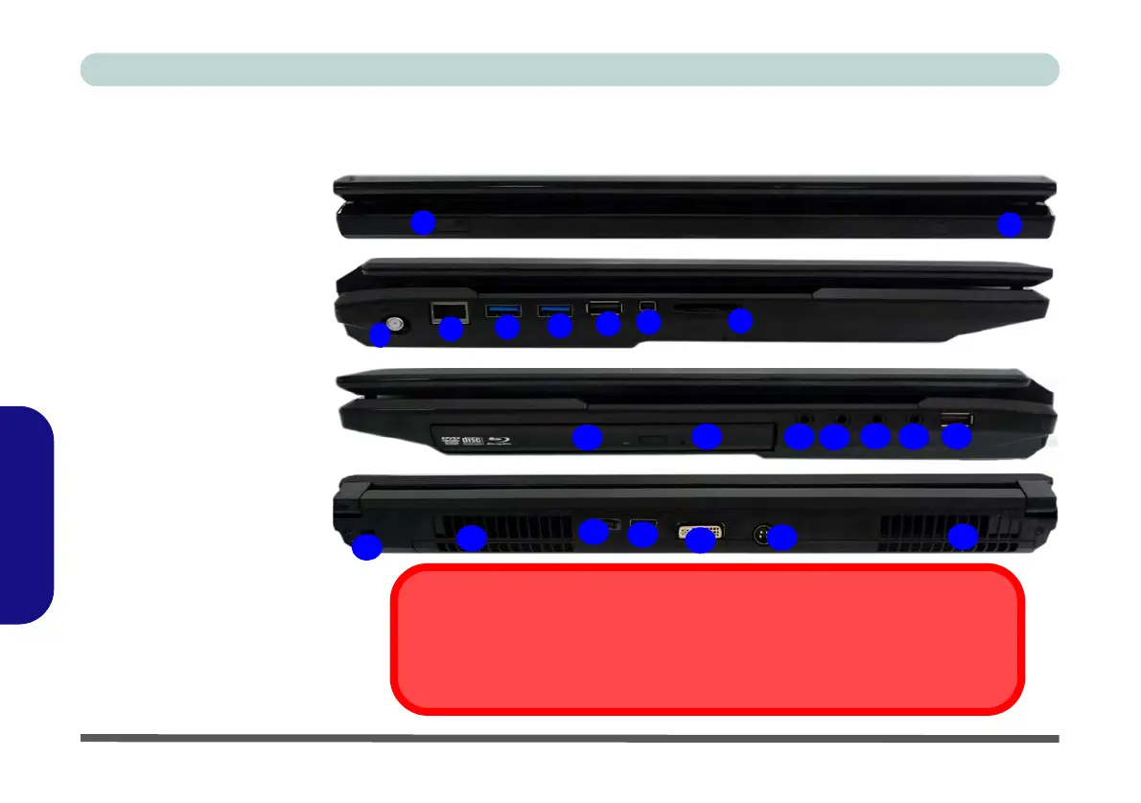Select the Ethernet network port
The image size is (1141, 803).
coord(448,310)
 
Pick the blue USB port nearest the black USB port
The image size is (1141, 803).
coord(554,309)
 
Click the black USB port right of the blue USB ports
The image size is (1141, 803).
coord(603,308)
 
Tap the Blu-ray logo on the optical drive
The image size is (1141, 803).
coord(501,442)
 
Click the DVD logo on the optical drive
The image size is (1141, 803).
coord(448,442)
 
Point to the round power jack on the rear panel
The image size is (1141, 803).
coord(763,534)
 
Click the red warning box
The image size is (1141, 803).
coord(708,639)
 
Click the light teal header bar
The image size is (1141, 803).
coord(570,70)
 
